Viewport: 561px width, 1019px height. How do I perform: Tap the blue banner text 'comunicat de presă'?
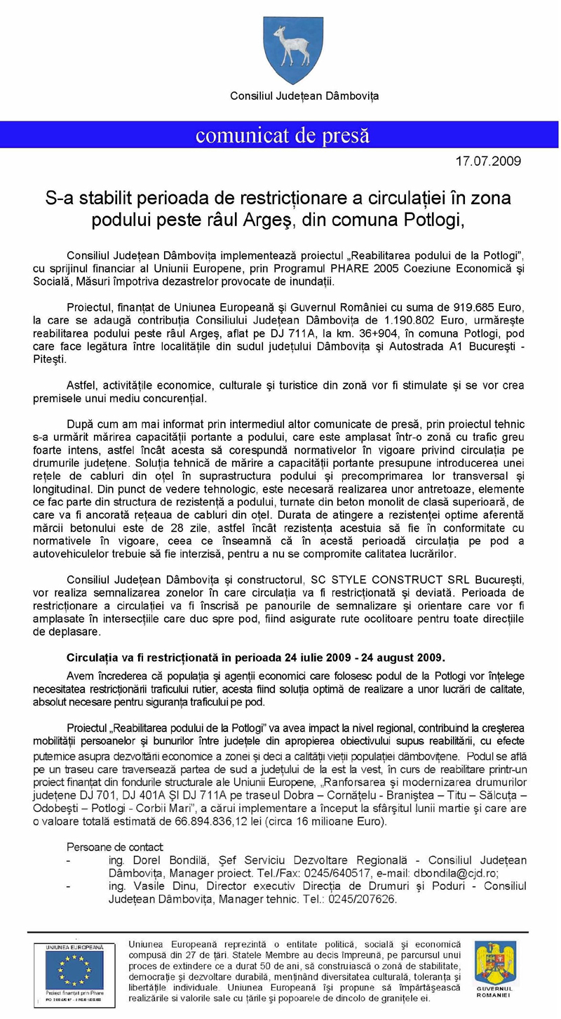(283, 135)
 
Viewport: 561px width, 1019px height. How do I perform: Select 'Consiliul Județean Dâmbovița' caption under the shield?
(304, 95)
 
